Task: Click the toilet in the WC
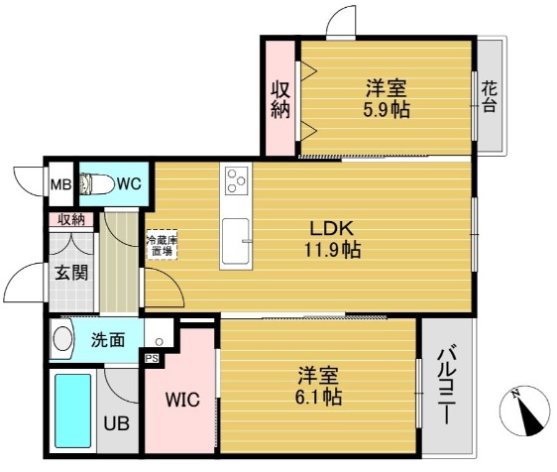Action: coord(96,183)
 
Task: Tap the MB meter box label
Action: coord(60,184)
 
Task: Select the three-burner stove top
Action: coord(236,180)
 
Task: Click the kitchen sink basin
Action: coord(236,240)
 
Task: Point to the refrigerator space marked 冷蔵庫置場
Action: coord(163,245)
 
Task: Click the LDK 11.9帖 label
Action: coord(332,239)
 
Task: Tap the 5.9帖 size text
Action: coord(387,110)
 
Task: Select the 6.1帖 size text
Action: coord(319,397)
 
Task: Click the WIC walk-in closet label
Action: coord(182,400)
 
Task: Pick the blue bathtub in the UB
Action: coord(72,411)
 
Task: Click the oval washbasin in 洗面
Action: coord(62,339)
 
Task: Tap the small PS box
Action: coord(152,359)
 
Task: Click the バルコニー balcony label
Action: coord(447,387)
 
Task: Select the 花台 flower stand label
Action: coord(490,96)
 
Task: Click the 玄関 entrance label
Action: coord(71,273)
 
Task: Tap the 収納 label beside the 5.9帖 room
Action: coord(280,100)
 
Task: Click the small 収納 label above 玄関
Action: coord(71,220)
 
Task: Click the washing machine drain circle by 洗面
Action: coord(160,342)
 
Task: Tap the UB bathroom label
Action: coord(116,423)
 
